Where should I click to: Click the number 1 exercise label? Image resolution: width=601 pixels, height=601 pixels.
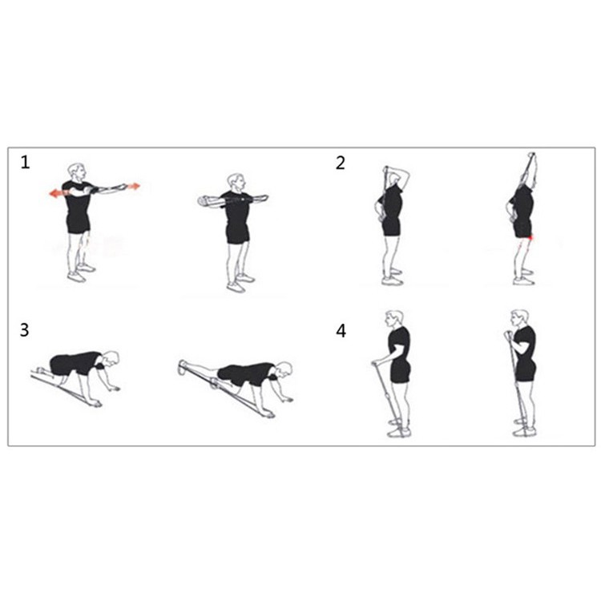[x=26, y=163]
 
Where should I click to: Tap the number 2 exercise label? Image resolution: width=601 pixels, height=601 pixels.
[x=341, y=163]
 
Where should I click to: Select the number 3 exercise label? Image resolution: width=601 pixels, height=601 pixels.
[x=26, y=329]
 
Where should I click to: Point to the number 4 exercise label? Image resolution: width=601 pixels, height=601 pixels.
[x=341, y=329]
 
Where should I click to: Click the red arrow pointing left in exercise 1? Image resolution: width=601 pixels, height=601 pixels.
[x=55, y=193]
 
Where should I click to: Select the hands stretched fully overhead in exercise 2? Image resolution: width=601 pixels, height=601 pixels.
[x=530, y=158]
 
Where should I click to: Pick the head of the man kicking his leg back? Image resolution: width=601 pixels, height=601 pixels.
[x=283, y=369]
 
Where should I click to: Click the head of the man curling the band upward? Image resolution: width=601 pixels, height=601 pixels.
[x=519, y=318]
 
